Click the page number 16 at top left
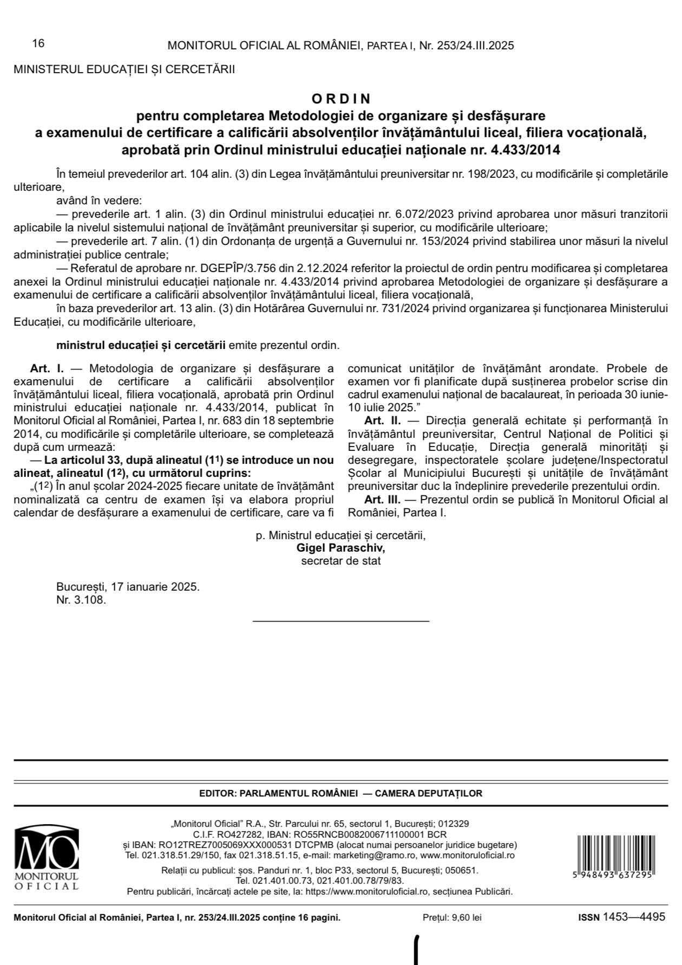click(x=38, y=44)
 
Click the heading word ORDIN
click(x=341, y=99)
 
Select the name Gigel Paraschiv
click(x=340, y=548)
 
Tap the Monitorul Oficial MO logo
click(x=47, y=858)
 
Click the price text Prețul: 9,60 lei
click(x=452, y=917)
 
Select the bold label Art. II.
click(x=382, y=420)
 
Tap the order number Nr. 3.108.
click(x=81, y=600)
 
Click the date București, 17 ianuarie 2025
click(x=128, y=587)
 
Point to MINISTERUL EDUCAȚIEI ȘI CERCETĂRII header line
click(x=124, y=69)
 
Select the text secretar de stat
click(x=340, y=561)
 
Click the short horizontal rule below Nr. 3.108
click(x=341, y=620)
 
